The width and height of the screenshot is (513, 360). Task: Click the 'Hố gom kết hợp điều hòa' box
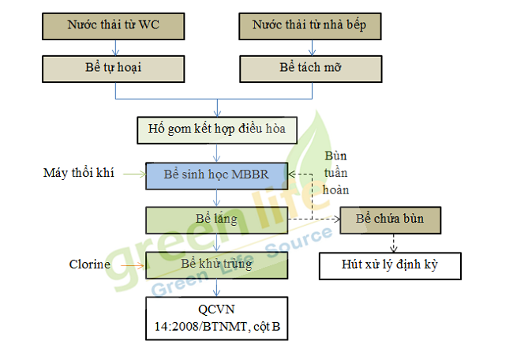point(216,127)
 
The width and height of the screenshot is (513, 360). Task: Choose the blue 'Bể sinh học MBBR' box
point(216,174)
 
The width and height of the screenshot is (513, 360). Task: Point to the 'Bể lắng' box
point(216,219)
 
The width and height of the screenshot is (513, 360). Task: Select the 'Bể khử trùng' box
point(216,264)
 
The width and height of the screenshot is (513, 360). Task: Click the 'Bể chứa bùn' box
point(388,219)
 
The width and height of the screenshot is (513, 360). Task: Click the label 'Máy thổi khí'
point(79,172)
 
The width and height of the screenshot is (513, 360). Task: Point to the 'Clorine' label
point(90,264)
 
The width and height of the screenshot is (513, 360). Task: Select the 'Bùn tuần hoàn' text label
point(337,173)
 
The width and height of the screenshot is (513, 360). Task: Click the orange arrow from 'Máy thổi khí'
point(131,173)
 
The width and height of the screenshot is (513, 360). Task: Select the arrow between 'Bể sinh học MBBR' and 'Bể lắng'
point(216,197)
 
